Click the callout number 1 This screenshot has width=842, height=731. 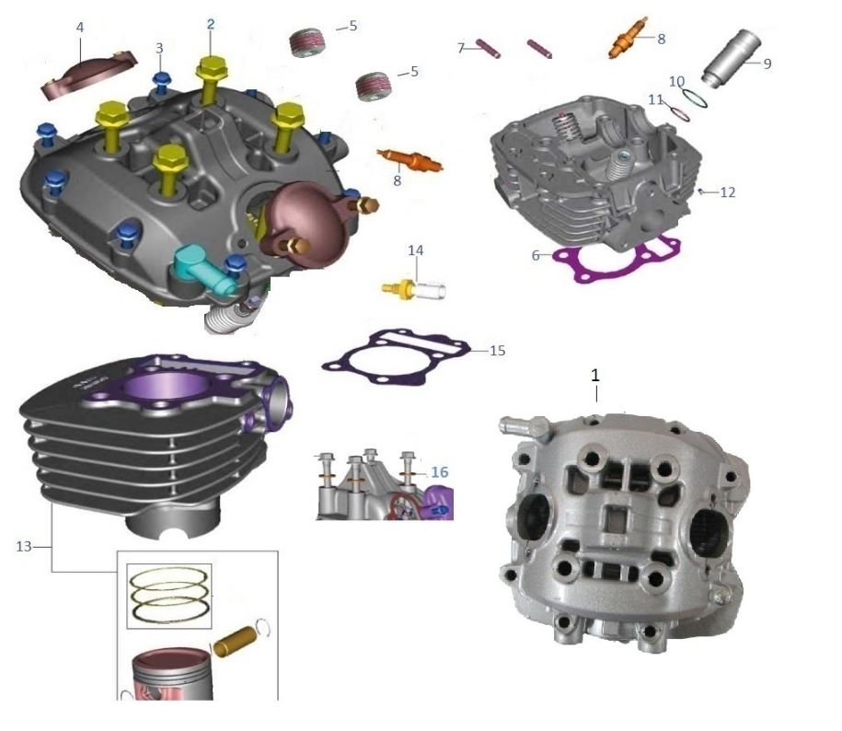(595, 376)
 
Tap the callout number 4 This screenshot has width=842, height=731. (80, 28)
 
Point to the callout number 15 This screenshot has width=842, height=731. (497, 351)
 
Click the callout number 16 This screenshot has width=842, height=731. (440, 472)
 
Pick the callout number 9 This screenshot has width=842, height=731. (767, 64)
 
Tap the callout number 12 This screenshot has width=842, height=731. (728, 193)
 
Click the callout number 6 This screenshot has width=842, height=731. (536, 256)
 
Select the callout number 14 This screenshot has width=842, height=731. (416, 249)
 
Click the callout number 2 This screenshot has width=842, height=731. (211, 25)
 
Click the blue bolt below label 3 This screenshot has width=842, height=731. (162, 81)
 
